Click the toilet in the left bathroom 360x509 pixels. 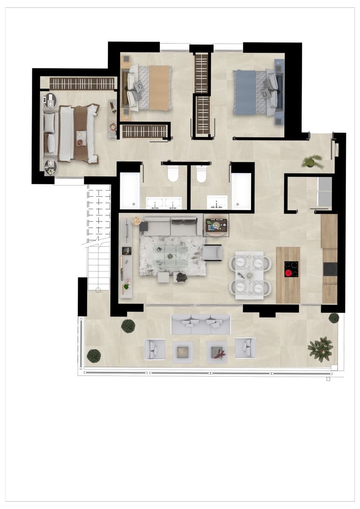pyautogui.click(x=173, y=174)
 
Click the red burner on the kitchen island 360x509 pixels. pyautogui.click(x=291, y=273)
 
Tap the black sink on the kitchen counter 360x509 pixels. pyautogui.click(x=329, y=269)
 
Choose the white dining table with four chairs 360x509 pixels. pyautogui.click(x=249, y=275)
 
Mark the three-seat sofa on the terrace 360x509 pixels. pyautogui.click(x=200, y=324)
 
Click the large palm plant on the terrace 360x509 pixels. pyautogui.click(x=321, y=349)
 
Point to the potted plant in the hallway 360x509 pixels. pyautogui.click(x=312, y=162)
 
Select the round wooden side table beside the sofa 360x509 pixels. pyautogui.click(x=136, y=220)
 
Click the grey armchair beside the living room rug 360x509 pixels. pyautogui.click(x=212, y=253)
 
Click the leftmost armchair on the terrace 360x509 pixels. pyautogui.click(x=155, y=349)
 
